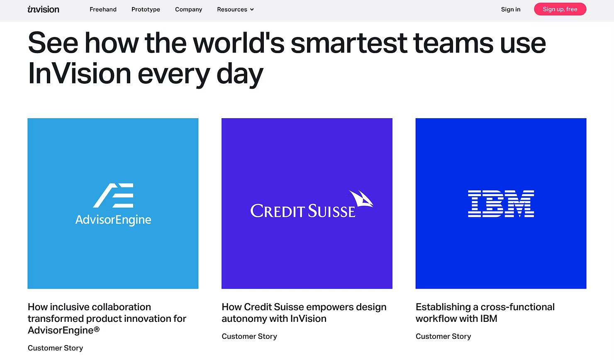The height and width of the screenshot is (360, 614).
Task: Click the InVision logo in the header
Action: (43, 9)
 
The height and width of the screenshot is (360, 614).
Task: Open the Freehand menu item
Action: (103, 9)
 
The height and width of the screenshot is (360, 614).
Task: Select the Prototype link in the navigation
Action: (146, 9)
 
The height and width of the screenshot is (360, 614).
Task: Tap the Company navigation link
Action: (189, 9)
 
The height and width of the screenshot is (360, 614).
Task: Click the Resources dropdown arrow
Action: (252, 10)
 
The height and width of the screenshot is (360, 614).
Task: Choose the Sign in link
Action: (511, 9)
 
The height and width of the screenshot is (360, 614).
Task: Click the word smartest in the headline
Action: (349, 43)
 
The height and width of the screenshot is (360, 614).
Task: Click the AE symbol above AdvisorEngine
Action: (113, 195)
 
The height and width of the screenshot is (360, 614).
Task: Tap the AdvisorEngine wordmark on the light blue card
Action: (113, 220)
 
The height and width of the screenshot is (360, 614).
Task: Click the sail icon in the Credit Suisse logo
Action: (361, 199)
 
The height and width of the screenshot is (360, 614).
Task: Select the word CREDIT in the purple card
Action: (278, 211)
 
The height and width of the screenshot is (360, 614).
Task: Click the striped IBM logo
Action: (501, 204)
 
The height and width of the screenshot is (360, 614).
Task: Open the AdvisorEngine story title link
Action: (107, 319)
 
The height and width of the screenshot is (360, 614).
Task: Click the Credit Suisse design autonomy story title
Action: (304, 313)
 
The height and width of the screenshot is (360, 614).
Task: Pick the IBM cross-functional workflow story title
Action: (485, 313)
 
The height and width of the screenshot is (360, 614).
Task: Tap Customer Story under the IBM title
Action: (443, 336)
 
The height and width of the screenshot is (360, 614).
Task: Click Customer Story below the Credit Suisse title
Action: (249, 336)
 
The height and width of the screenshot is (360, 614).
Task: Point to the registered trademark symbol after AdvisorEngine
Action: (97, 329)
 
